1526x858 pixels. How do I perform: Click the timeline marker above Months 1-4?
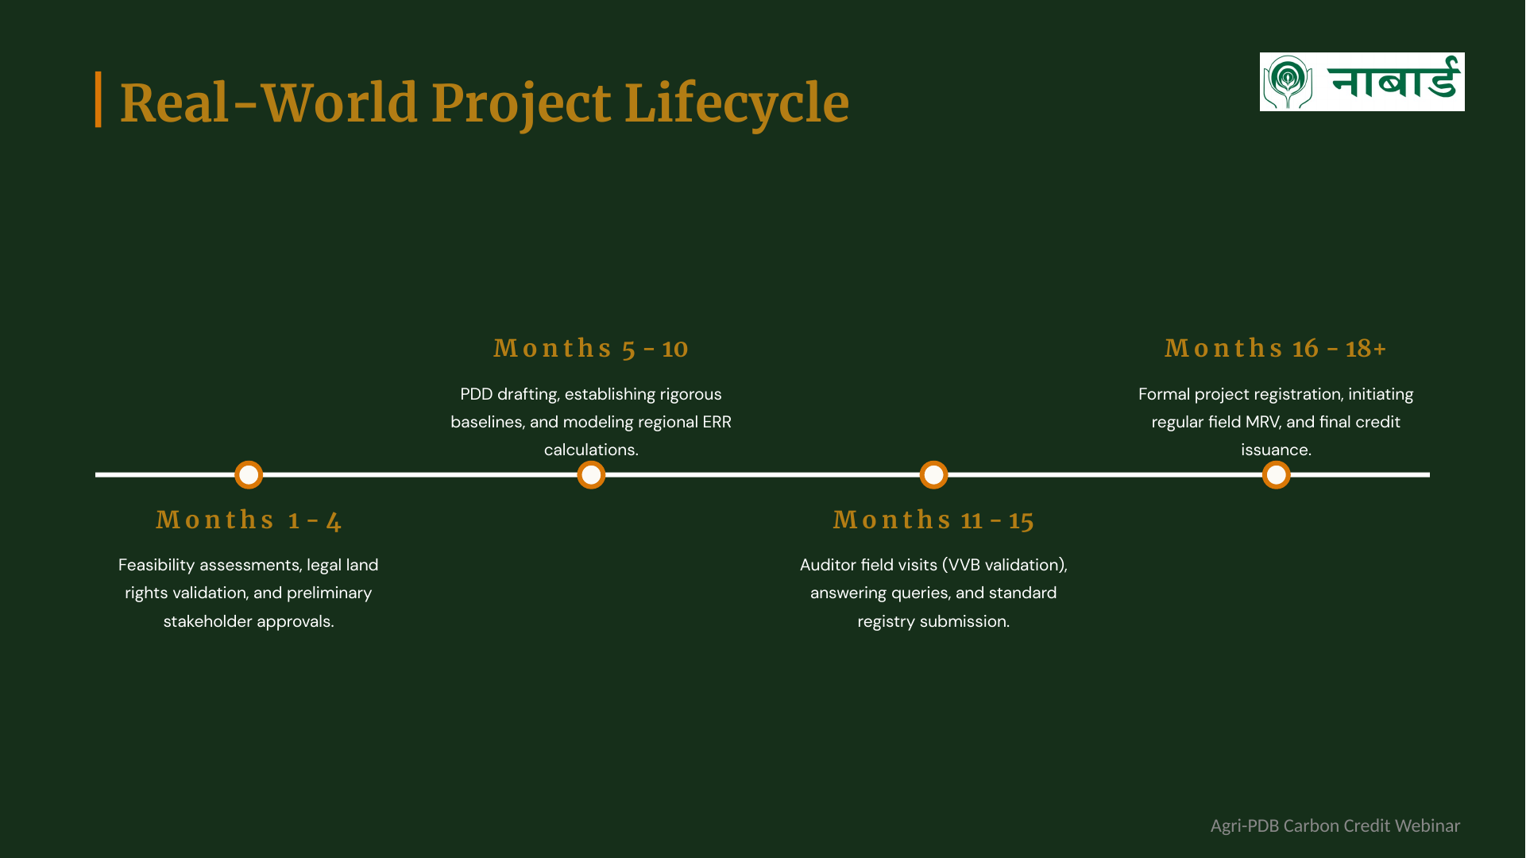click(x=249, y=475)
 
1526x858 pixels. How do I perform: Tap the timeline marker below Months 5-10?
click(x=591, y=475)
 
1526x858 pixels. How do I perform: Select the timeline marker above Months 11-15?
click(x=933, y=475)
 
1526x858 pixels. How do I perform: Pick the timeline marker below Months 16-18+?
click(x=1276, y=475)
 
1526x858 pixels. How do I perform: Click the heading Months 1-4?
click(x=249, y=520)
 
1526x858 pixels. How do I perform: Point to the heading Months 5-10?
click(x=591, y=349)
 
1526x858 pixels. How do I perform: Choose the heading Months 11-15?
click(x=933, y=520)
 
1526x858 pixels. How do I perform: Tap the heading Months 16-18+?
click(x=1276, y=349)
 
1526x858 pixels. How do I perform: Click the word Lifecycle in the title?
click(x=736, y=104)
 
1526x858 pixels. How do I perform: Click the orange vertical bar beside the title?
click(x=99, y=99)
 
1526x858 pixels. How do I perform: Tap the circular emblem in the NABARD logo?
click(x=1288, y=82)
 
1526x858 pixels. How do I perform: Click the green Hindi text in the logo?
click(x=1394, y=79)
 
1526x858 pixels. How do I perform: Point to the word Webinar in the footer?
click(x=1427, y=826)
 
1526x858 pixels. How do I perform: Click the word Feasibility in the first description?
click(x=156, y=566)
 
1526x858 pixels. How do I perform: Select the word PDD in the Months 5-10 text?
click(x=476, y=395)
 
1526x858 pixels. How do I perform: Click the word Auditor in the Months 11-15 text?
click(x=828, y=566)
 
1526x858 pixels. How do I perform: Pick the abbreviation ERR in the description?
click(x=717, y=423)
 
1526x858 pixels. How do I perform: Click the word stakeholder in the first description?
click(x=207, y=621)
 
